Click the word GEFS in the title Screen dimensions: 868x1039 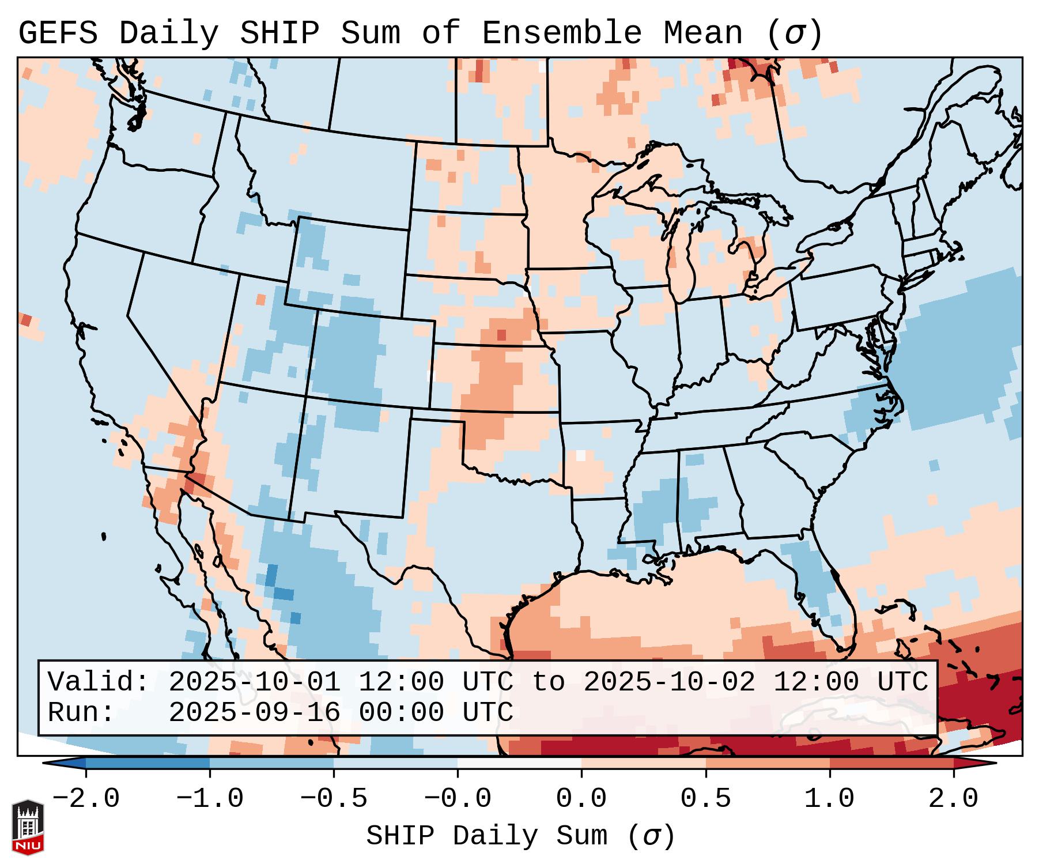(x=58, y=33)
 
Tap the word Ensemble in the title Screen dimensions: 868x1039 (x=561, y=33)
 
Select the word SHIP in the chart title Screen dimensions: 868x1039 (x=279, y=33)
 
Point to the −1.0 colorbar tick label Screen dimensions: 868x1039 (x=209, y=799)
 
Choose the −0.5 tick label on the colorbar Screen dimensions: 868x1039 (x=334, y=799)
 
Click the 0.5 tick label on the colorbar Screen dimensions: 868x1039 (x=706, y=799)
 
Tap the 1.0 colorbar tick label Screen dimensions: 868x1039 (x=830, y=799)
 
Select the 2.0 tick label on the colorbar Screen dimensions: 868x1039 (x=954, y=799)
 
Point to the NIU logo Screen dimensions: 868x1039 (x=28, y=827)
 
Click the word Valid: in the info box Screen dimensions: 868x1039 (x=99, y=682)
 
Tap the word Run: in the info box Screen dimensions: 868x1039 (x=81, y=713)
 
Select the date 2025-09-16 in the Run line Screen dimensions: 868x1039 (x=254, y=713)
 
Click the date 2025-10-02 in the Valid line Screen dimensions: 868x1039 (x=669, y=682)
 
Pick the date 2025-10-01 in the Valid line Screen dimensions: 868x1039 (x=254, y=682)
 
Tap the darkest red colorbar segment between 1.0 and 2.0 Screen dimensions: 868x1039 (x=891, y=763)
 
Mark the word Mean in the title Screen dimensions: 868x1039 (x=702, y=33)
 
